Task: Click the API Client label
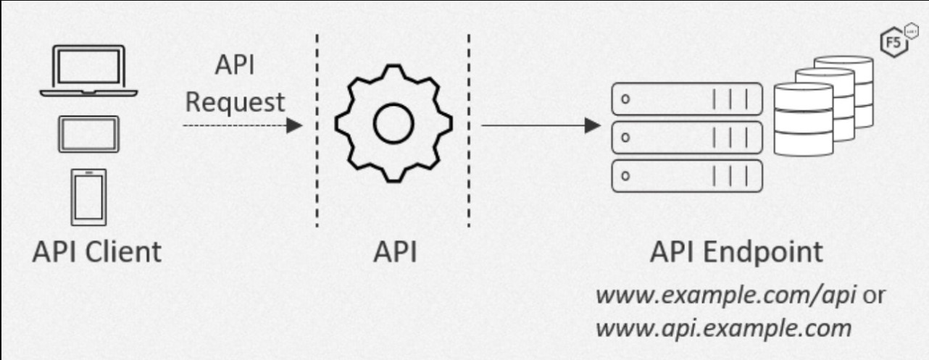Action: (x=97, y=254)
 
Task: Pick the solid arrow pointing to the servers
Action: (x=541, y=126)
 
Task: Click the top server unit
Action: (x=687, y=99)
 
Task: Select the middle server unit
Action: (x=687, y=136)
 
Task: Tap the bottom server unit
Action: (x=687, y=174)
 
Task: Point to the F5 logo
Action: (x=894, y=42)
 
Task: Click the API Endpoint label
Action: (x=736, y=254)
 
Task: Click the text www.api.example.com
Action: (x=722, y=328)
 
